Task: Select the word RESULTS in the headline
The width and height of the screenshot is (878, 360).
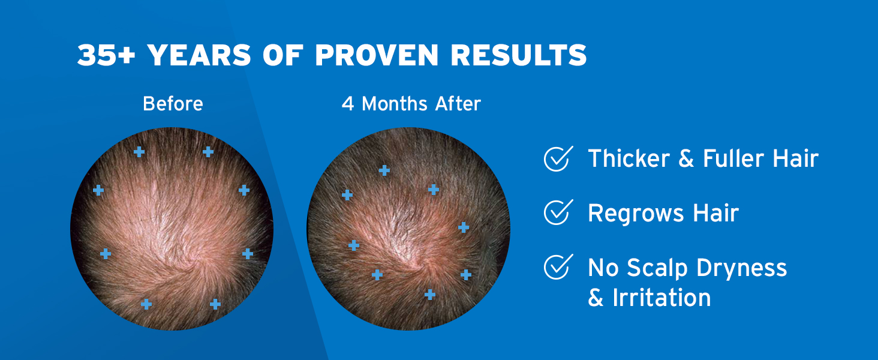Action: pos(519,56)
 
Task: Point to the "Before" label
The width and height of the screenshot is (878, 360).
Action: pos(173,104)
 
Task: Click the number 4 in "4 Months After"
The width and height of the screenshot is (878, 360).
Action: pos(348,104)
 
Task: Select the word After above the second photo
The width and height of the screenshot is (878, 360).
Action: pos(458,104)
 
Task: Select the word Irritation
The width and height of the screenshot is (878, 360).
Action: pos(661,298)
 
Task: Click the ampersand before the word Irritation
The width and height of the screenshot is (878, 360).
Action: pos(596,298)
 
